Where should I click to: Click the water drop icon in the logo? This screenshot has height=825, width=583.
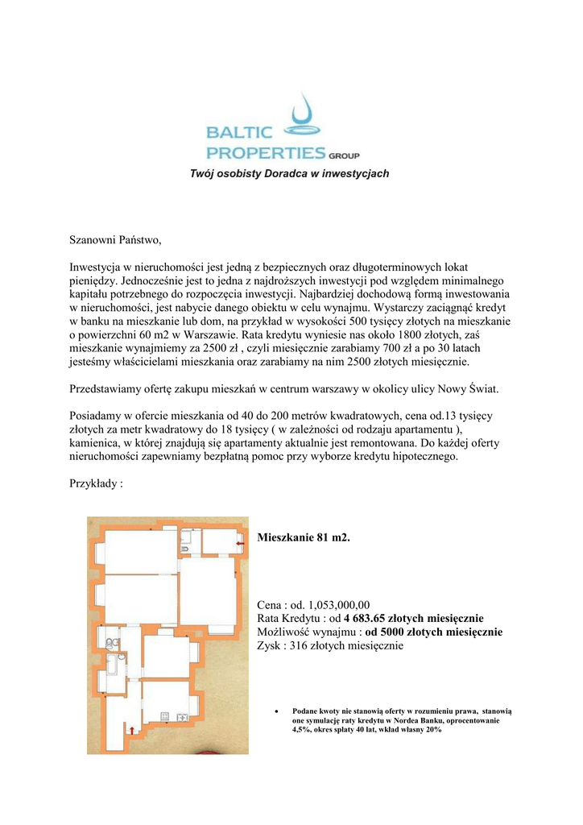pyautogui.click(x=304, y=116)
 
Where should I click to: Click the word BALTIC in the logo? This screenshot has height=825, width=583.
pyautogui.click(x=239, y=133)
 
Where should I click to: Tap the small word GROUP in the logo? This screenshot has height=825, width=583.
pyautogui.click(x=344, y=155)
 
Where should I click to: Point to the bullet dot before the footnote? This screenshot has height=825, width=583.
pyautogui.click(x=277, y=712)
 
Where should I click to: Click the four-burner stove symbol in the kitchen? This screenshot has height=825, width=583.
pyautogui.click(x=167, y=716)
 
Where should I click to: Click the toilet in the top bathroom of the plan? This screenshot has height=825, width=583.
pyautogui.click(x=185, y=547)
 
